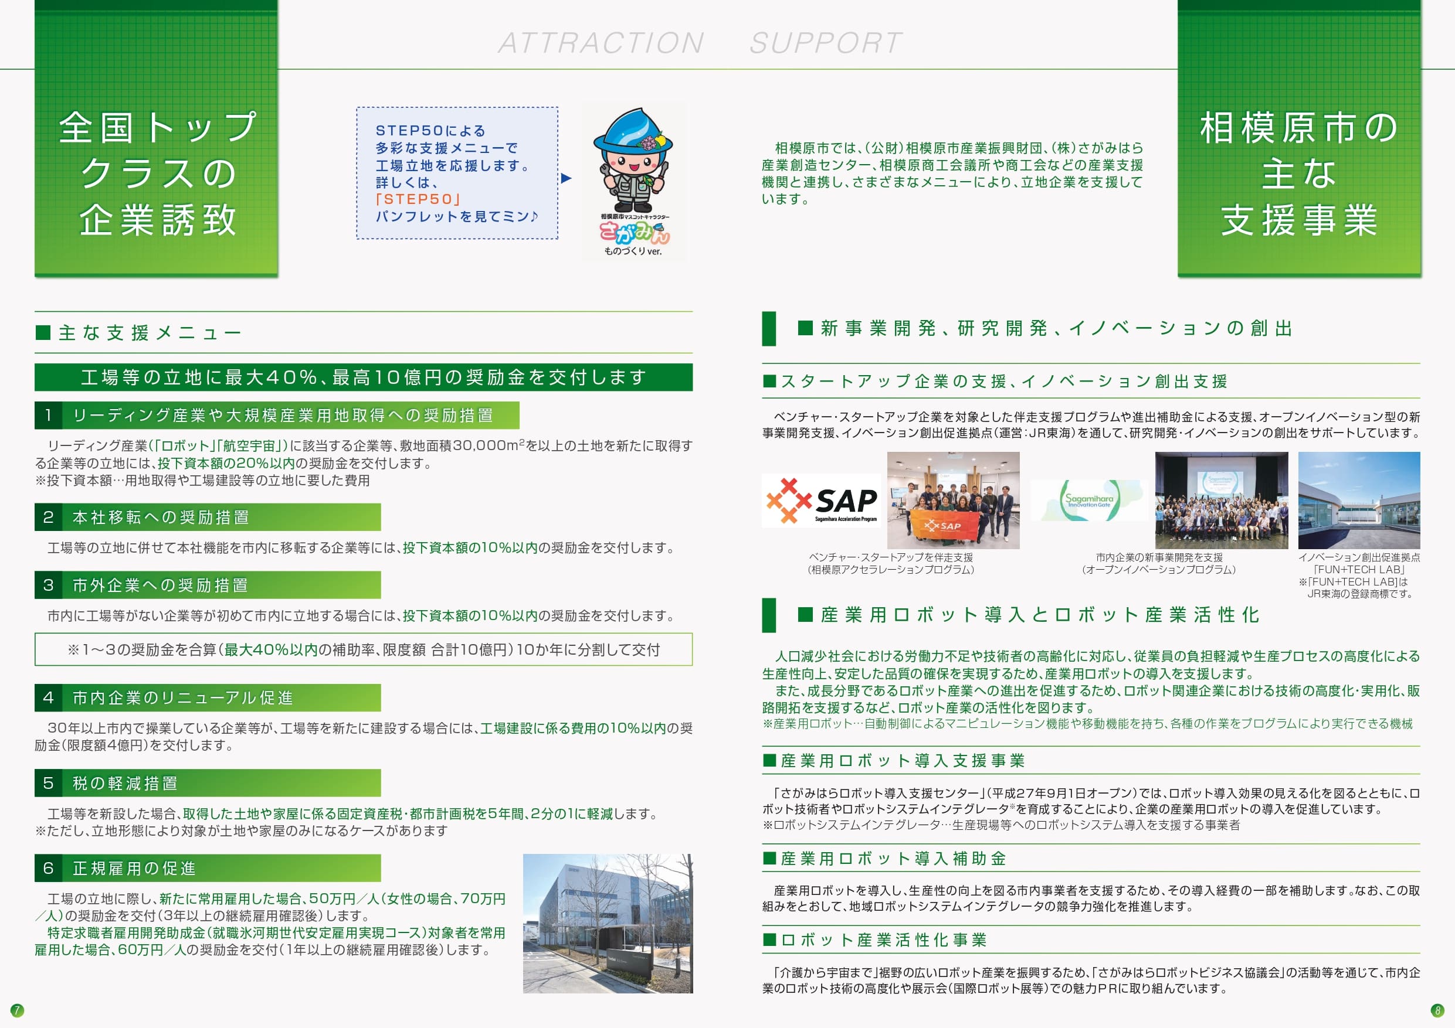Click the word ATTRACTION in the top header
coord(601,43)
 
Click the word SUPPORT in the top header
coord(826,43)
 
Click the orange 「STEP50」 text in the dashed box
coord(418,199)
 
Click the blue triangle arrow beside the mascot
coord(567,179)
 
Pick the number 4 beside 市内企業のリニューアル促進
coord(48,697)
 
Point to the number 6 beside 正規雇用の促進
coord(48,869)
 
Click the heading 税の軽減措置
coord(125,784)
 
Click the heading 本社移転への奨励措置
coord(161,518)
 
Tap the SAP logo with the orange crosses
coord(821,501)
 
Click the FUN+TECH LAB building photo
coord(1359,501)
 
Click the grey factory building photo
coord(608,924)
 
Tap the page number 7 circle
coord(17,1010)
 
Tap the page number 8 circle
coord(1437,1010)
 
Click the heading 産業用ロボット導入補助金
coord(894,859)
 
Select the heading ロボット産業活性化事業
coord(884,940)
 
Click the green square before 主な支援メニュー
coord(43,332)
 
